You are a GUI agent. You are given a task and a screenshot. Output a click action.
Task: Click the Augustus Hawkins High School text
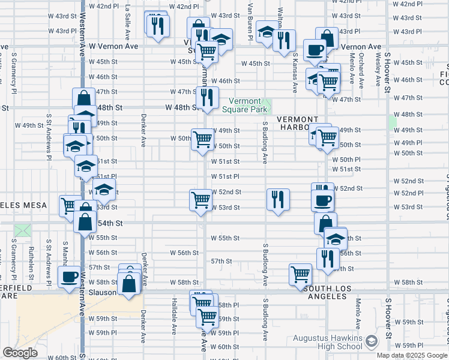pos(327,343)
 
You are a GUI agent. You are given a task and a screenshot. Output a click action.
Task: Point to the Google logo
pos(19,353)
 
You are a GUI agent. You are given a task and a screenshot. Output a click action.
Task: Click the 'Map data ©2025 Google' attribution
pos(412,355)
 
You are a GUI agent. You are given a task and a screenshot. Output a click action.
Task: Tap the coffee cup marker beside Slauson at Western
pos(68,277)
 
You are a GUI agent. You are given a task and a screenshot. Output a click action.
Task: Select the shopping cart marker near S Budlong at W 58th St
pos(300,274)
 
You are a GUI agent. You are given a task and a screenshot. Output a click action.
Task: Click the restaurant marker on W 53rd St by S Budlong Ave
pos(278,199)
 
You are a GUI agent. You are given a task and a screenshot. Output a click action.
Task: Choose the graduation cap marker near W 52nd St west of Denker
pos(104,190)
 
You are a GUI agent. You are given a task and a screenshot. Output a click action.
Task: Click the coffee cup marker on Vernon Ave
pos(314,50)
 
